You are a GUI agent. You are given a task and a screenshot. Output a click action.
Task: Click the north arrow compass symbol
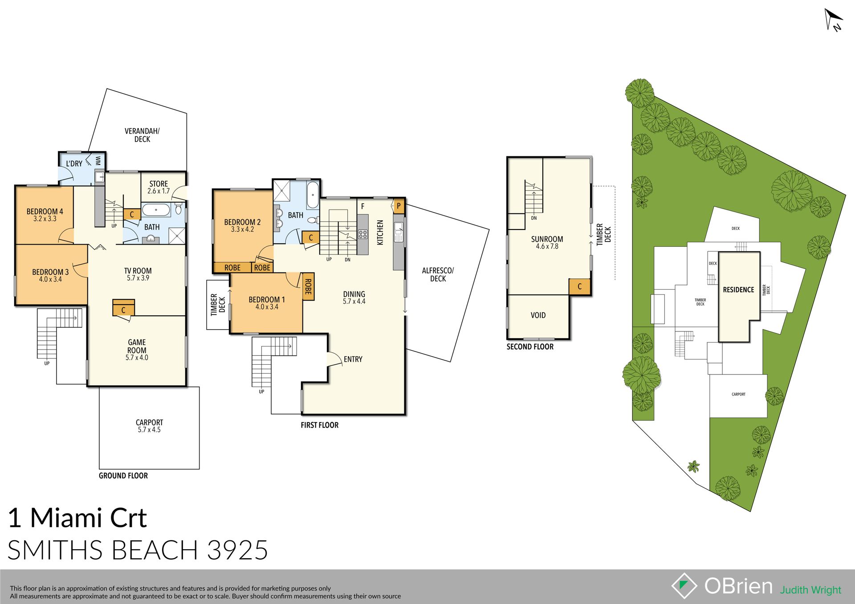click(x=833, y=20)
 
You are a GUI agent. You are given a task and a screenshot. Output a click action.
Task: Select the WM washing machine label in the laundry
click(x=98, y=161)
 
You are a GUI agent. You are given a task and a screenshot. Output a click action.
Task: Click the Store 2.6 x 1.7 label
click(x=159, y=187)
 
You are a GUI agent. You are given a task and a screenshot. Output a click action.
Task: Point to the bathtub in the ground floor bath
click(x=156, y=209)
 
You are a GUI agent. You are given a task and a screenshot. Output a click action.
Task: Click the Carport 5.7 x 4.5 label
click(x=149, y=426)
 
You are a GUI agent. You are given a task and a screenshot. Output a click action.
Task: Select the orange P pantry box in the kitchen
click(x=399, y=206)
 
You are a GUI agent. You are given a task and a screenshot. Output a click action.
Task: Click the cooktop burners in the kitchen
click(x=362, y=234)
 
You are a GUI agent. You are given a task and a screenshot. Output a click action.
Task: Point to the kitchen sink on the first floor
click(x=399, y=232)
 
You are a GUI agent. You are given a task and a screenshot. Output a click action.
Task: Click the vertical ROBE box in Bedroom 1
click(x=308, y=286)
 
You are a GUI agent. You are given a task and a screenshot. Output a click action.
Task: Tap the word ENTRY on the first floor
click(x=353, y=359)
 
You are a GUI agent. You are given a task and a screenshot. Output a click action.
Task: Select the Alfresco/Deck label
click(x=438, y=274)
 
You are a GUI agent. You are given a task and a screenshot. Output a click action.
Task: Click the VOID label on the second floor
click(x=538, y=315)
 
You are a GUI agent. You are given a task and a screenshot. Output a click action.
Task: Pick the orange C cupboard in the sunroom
click(x=580, y=287)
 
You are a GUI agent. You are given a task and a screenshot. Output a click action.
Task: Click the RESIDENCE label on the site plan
click(x=738, y=290)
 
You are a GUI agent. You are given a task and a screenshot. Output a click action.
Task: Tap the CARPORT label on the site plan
click(x=738, y=395)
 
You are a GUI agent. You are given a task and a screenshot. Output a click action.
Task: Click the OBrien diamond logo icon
click(x=684, y=586)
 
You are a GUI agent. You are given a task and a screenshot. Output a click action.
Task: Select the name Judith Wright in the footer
click(x=810, y=590)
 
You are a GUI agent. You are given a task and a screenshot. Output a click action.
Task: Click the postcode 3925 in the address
click(x=237, y=550)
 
